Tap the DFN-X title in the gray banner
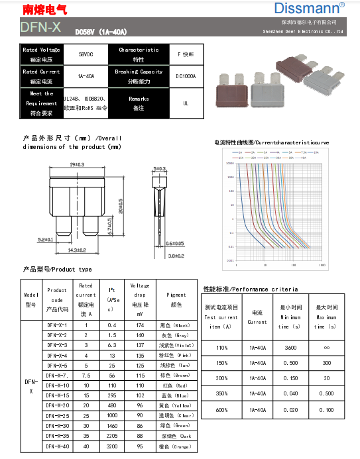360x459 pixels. point(40,26)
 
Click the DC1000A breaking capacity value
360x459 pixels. point(186,76)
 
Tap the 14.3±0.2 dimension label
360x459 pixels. point(78,251)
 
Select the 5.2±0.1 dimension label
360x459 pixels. point(45,240)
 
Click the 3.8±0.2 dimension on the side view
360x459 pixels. point(176,255)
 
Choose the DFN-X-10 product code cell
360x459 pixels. point(58,385)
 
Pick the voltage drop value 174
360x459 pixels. point(140,325)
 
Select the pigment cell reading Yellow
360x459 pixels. point(176,405)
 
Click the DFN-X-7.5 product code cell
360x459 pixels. point(58,375)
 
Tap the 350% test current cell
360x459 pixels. point(221,394)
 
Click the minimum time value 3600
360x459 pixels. point(290,347)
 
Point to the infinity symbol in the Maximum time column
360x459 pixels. point(327,347)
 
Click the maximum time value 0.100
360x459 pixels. point(327,410)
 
